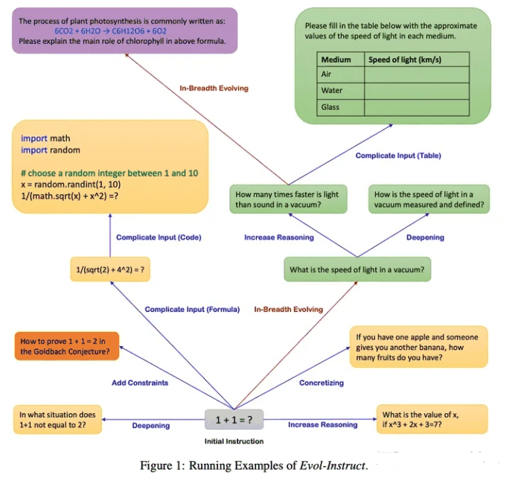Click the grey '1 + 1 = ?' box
(234, 419)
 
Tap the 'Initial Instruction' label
(234, 442)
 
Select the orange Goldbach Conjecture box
(67, 346)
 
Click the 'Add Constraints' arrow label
(140, 383)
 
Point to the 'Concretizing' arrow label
(322, 383)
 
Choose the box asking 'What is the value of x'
(432, 419)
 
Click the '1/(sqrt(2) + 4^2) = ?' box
(110, 270)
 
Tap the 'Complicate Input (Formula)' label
(192, 310)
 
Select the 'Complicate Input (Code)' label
(159, 238)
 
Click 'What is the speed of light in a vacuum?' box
(357, 270)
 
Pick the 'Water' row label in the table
(332, 91)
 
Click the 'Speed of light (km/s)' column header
(405, 60)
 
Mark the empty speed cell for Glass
(417, 107)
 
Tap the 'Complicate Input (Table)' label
(398, 156)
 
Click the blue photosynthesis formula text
(111, 31)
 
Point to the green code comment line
(109, 173)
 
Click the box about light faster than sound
(288, 200)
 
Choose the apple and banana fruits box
(419, 347)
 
